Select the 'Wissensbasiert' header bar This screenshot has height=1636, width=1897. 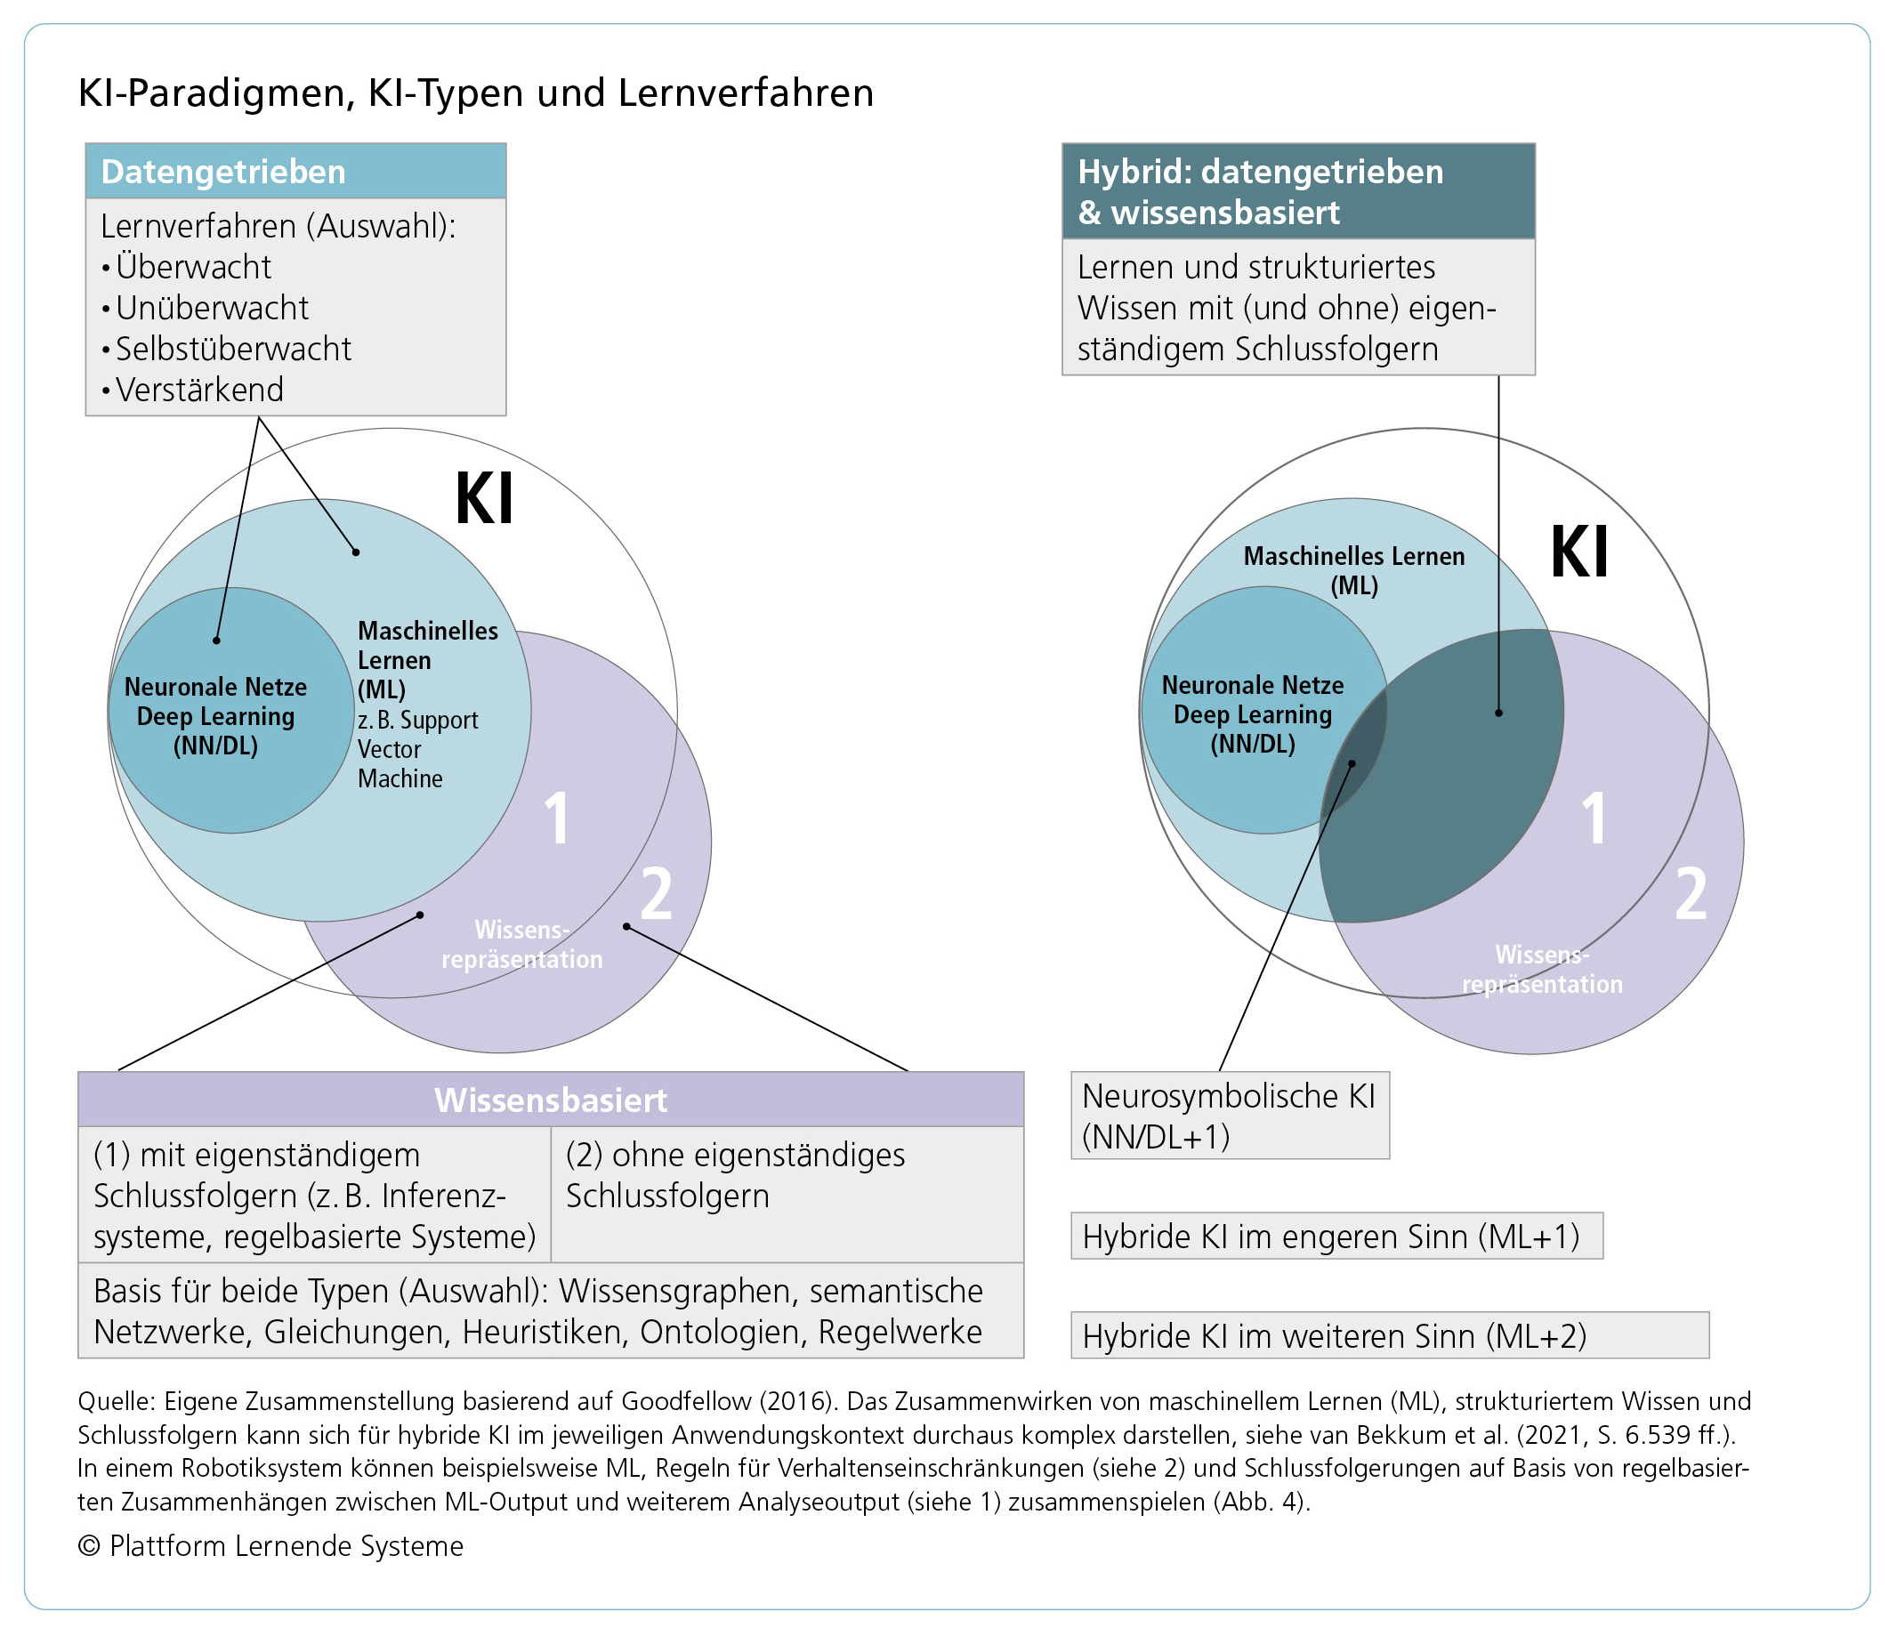point(550,1100)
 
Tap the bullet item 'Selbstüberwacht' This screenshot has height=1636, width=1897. point(232,349)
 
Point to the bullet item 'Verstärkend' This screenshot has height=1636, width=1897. point(198,390)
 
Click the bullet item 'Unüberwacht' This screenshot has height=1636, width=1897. point(212,308)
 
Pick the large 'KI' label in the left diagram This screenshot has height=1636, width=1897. point(484,500)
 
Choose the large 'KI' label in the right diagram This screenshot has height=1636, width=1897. point(1578,553)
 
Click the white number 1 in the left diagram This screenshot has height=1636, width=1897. point(557,818)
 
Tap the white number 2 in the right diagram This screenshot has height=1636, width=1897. point(1690,894)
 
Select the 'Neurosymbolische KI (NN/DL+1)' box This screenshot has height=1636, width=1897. point(1229,1115)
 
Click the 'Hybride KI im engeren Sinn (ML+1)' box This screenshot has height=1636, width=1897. point(1336,1236)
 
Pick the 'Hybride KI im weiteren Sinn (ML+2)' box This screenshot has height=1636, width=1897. point(1388,1335)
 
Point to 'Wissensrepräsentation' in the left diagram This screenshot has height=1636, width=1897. point(522,945)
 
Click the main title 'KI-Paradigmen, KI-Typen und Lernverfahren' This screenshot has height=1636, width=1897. point(476,93)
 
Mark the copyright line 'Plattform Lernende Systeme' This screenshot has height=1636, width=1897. point(286,1545)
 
